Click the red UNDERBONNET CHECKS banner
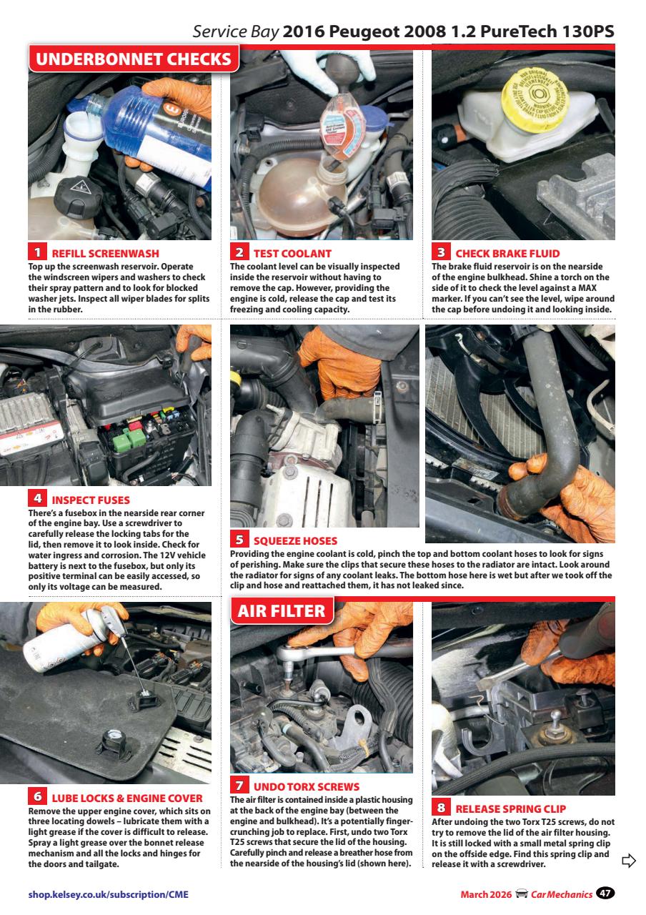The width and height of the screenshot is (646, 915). point(133,59)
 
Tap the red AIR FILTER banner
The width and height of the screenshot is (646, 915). point(282,611)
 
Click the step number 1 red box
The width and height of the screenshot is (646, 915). point(37,252)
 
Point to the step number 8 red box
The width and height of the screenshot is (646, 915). point(442,808)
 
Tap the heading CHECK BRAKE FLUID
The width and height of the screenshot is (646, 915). point(507,253)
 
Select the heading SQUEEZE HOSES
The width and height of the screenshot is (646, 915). point(295,540)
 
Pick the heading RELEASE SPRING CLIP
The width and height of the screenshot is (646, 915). point(510,809)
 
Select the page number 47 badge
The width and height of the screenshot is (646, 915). point(606,893)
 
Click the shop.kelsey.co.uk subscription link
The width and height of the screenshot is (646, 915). point(109,894)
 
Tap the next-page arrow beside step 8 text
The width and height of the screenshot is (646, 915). point(629,860)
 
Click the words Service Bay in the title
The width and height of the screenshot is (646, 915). point(235,33)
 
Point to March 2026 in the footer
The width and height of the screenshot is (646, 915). point(484,894)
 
